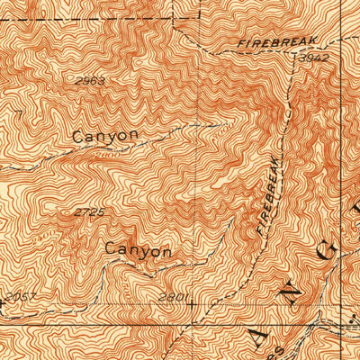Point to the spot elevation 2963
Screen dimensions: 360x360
point(91,81)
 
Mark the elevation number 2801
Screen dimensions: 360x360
point(170,297)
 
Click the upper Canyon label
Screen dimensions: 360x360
point(106,136)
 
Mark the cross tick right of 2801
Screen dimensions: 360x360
point(192,304)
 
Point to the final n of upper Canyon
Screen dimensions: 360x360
point(134,136)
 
